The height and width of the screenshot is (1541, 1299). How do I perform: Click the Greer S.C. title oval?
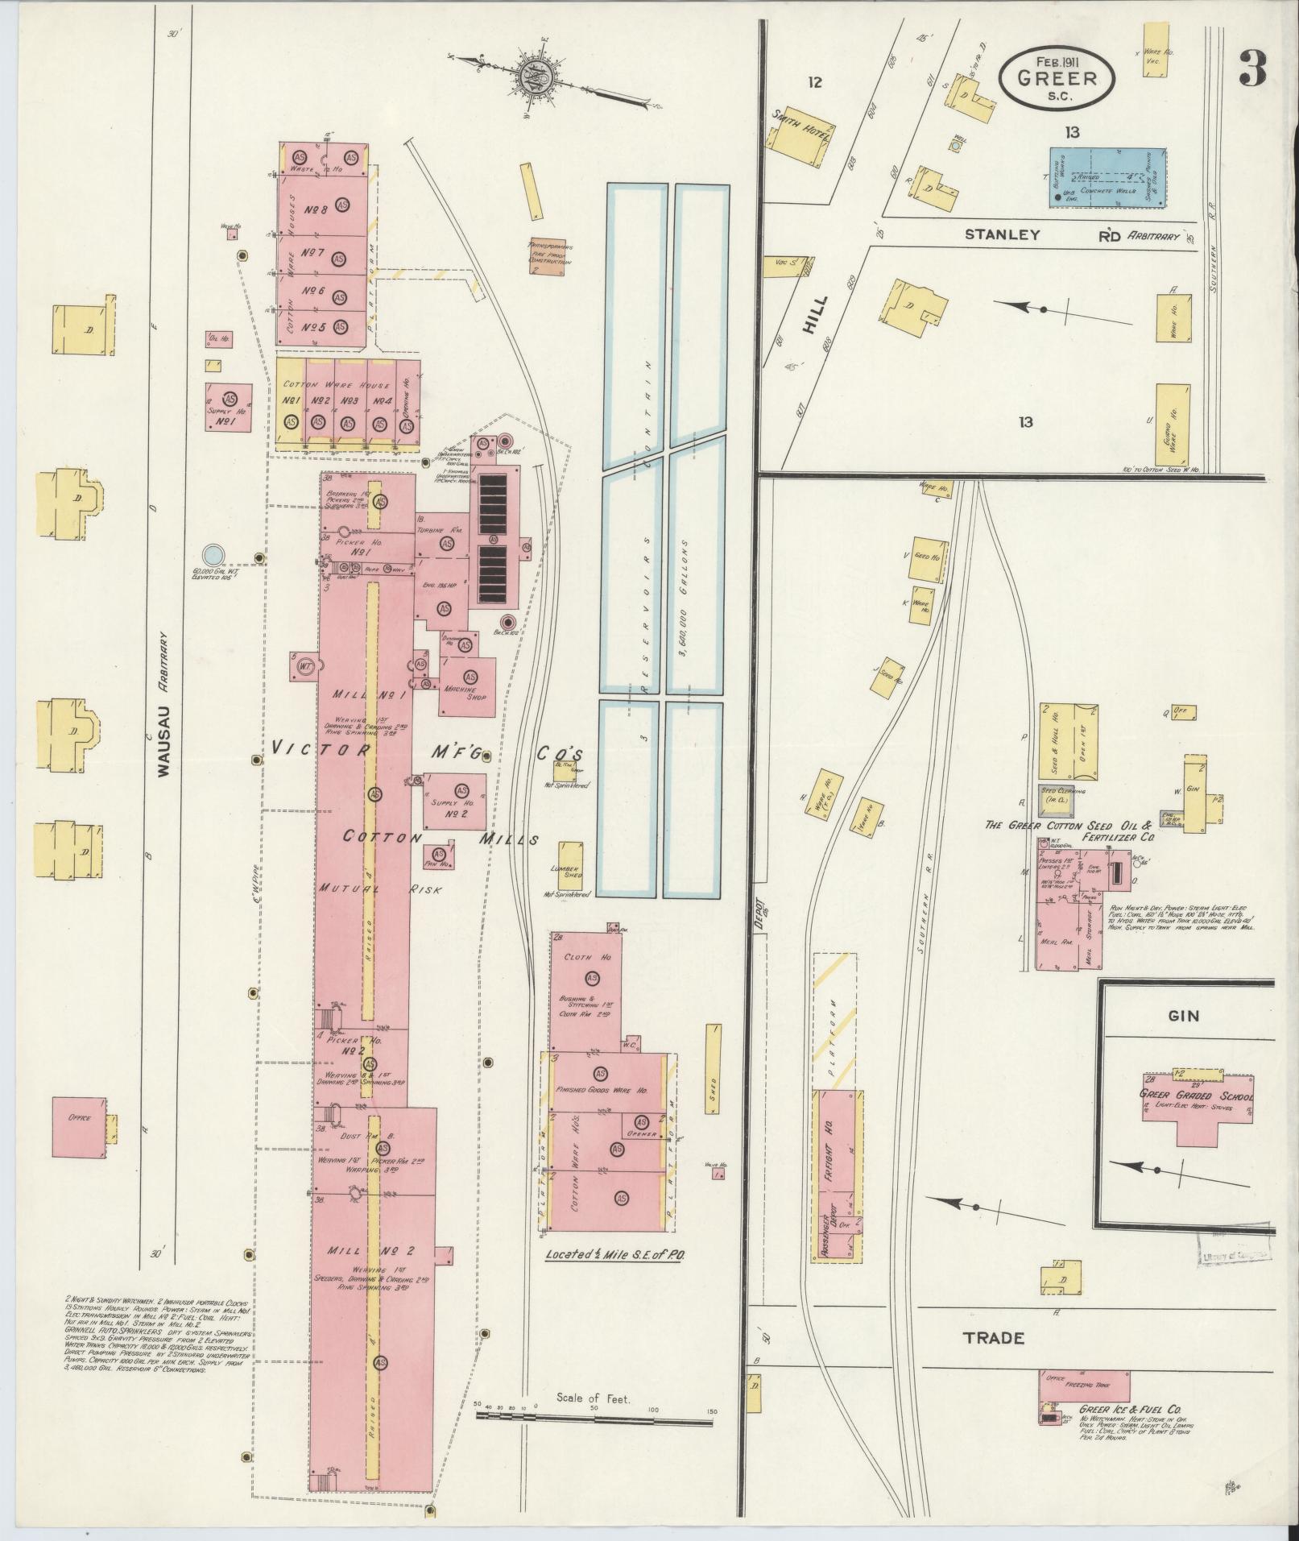[x=1057, y=77]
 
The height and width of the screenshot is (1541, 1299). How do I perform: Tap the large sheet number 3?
[x=1251, y=69]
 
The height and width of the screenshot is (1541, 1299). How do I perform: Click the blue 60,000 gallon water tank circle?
[x=212, y=554]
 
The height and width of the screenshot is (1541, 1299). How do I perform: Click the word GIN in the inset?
[x=1183, y=1016]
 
